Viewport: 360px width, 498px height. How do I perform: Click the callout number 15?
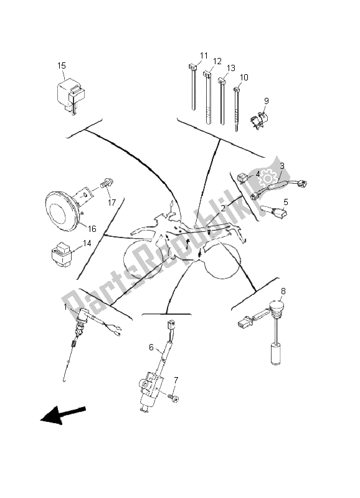point(62,65)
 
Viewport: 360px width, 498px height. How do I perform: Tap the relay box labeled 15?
point(71,94)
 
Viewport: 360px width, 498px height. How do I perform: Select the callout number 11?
point(204,56)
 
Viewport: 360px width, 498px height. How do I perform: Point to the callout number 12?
point(217,61)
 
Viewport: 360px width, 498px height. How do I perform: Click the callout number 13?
point(231,69)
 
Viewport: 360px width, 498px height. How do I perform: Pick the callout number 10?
point(244,77)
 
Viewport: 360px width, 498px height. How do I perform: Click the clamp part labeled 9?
point(259,120)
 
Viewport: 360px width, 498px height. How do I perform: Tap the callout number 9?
point(267,101)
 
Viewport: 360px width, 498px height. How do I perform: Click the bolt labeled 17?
point(107,183)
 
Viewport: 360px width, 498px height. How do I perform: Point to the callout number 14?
point(87,243)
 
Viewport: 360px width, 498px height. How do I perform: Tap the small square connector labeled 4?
point(244,176)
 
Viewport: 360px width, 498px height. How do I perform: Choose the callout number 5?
point(286,202)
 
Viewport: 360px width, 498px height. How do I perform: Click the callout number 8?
point(283,291)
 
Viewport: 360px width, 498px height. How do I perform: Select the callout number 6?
point(151,347)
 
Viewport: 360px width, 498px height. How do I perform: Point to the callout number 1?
point(65,307)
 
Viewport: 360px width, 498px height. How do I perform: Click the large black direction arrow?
point(63,414)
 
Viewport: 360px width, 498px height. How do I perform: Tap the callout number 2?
point(223,208)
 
